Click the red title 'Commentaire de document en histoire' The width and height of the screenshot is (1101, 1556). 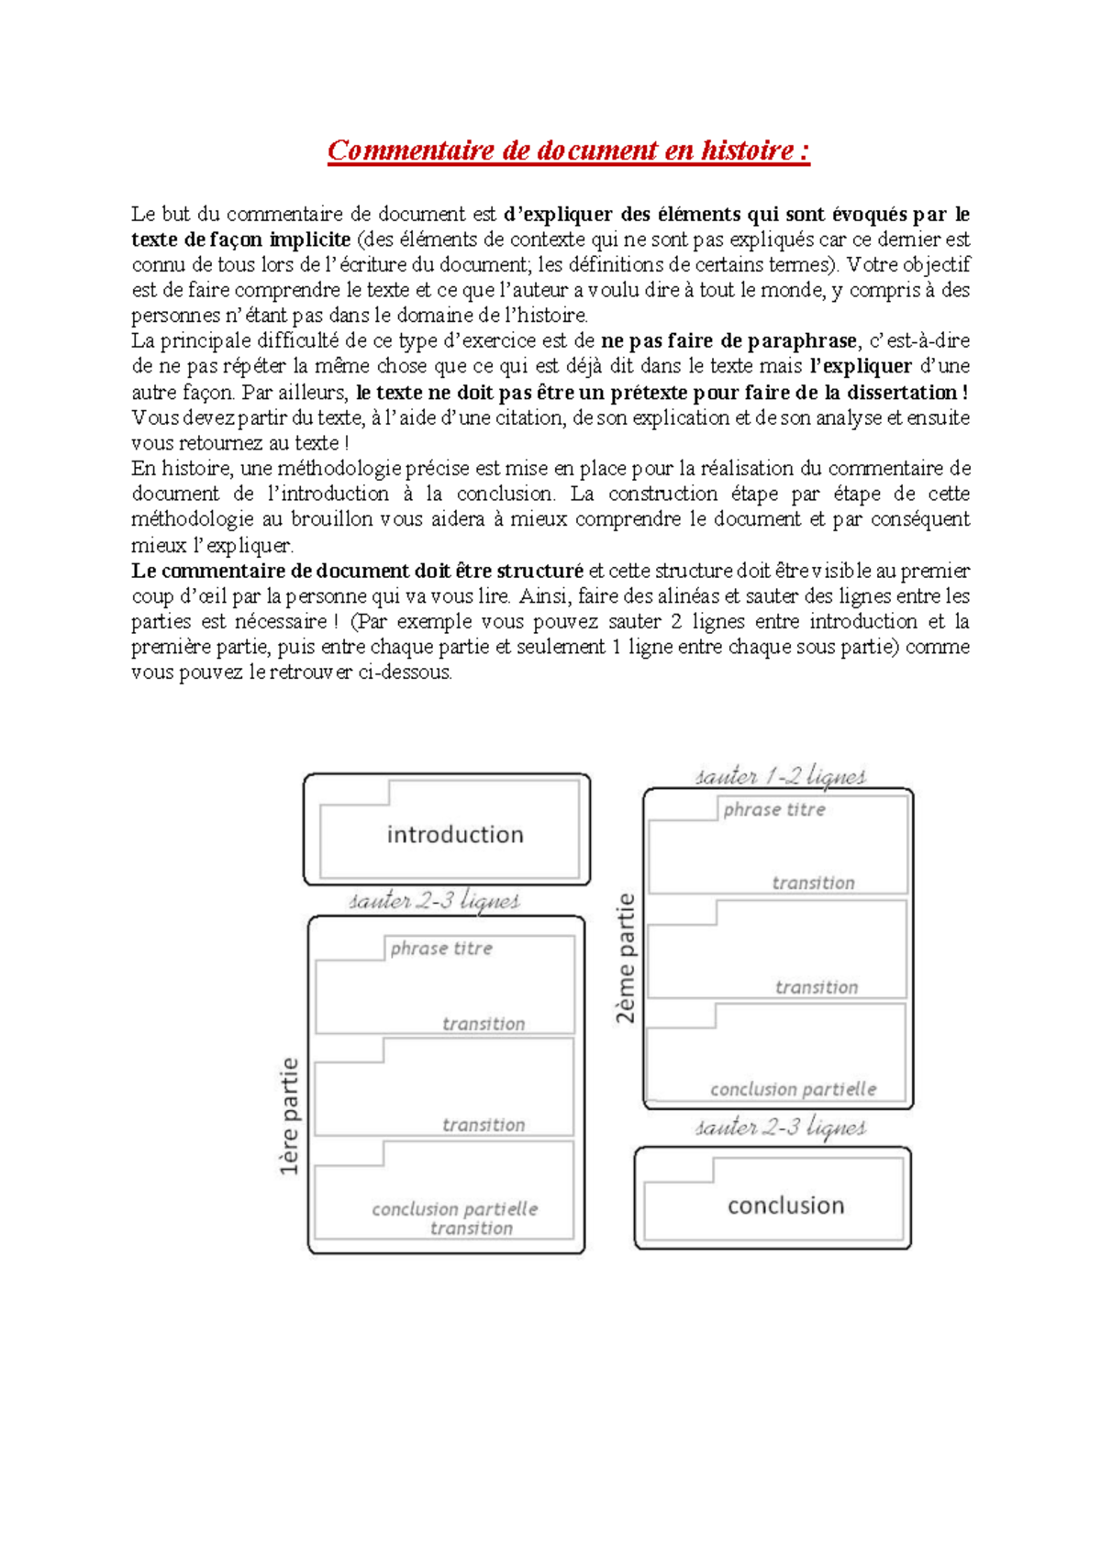(x=568, y=150)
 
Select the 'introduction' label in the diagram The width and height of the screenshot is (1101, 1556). (x=455, y=835)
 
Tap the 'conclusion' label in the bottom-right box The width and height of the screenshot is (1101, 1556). (x=785, y=1206)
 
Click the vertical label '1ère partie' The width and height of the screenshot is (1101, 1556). (x=290, y=1116)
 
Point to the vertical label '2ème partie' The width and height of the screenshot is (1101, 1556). (x=626, y=958)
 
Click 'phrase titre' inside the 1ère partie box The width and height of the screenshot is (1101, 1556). (x=441, y=949)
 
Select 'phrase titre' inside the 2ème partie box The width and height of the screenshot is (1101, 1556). (x=774, y=810)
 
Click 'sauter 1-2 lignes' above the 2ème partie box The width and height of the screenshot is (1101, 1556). (x=780, y=777)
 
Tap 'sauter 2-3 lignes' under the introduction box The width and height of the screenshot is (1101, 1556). (x=434, y=901)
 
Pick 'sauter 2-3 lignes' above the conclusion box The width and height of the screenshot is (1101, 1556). (x=780, y=1128)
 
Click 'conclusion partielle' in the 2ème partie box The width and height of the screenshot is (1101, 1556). (x=793, y=1090)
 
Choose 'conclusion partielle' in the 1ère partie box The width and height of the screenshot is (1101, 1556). (x=454, y=1209)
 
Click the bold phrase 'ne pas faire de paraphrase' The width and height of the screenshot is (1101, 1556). (x=728, y=341)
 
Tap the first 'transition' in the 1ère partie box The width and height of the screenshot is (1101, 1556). (x=484, y=1024)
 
